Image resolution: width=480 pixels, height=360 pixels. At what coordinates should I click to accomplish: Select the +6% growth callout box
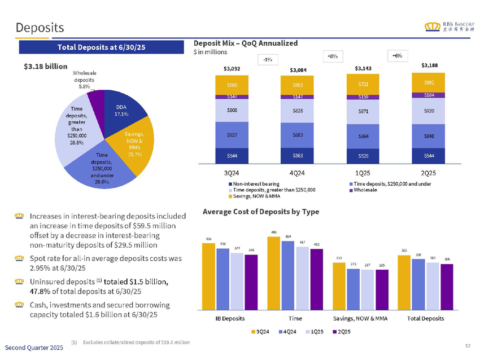point(397,55)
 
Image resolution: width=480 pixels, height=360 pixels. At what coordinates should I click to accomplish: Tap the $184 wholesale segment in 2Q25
point(429,95)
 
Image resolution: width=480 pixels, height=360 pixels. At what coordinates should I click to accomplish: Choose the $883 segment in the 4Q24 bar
point(296,135)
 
